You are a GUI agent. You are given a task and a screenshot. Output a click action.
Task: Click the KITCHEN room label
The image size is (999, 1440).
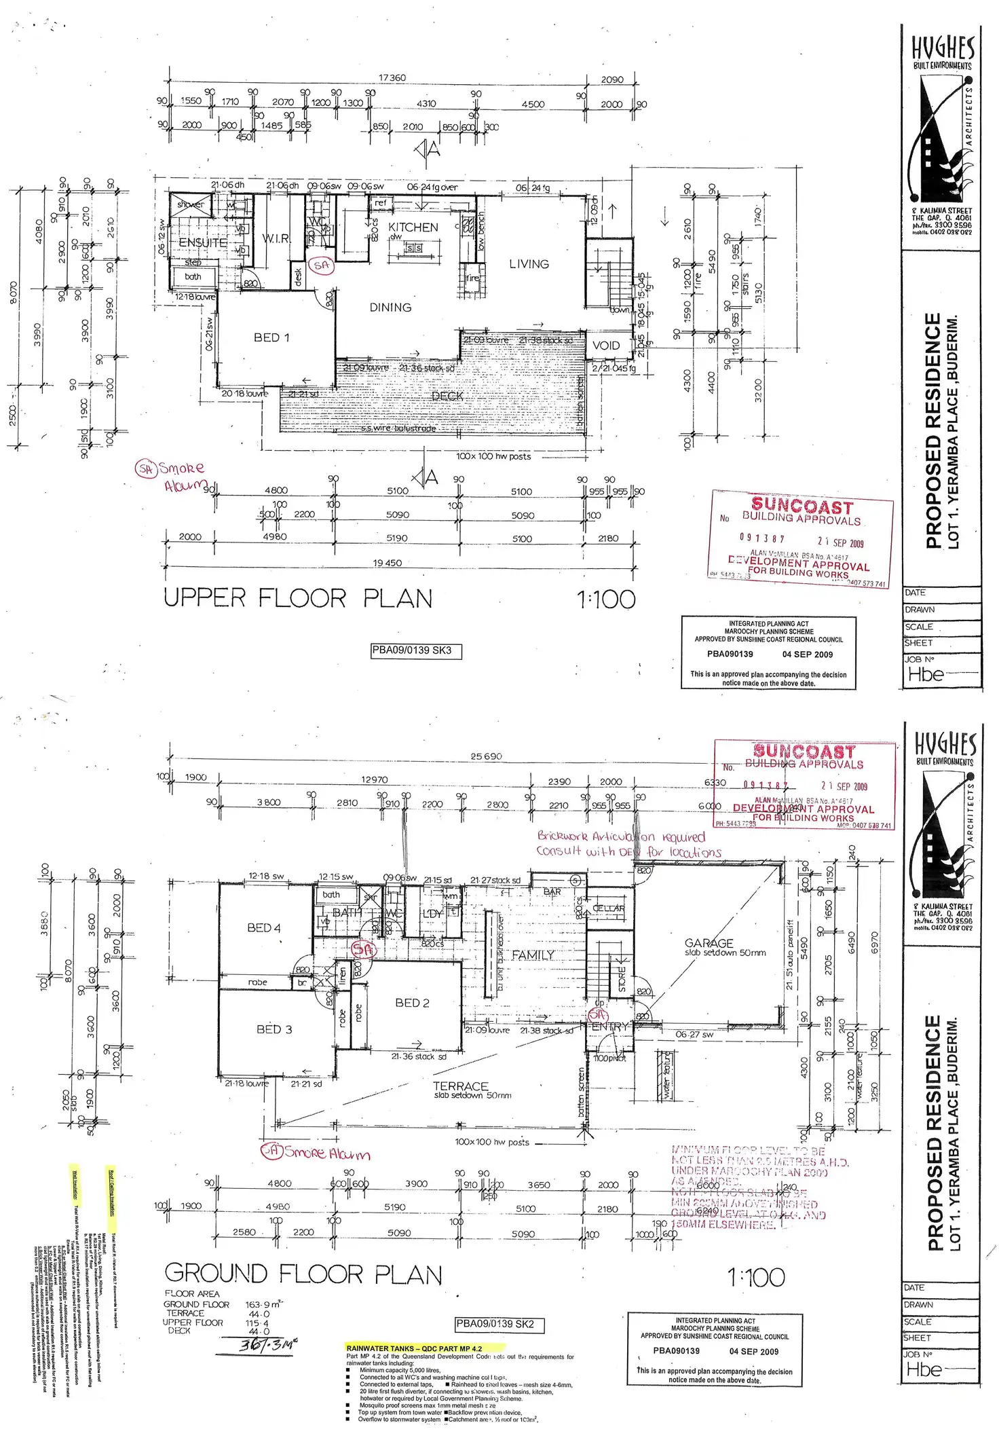point(413,227)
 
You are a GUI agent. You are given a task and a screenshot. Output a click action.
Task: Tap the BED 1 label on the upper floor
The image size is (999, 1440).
point(271,337)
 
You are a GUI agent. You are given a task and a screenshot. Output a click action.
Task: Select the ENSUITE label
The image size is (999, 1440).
point(203,242)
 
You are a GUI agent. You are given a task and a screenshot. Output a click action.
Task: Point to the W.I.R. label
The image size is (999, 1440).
point(276,238)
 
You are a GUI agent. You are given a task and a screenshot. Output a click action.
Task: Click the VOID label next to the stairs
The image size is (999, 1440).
point(605,346)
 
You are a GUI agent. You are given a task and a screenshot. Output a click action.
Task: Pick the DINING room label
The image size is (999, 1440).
point(390,308)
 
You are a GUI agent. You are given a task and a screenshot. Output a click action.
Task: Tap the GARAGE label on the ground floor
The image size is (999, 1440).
point(709,943)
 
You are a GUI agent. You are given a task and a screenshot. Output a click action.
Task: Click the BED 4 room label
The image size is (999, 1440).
point(263,928)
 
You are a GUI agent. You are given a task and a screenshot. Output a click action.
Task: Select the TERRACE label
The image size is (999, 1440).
point(460,1086)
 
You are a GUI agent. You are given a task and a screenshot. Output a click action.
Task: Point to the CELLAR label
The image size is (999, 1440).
point(608,908)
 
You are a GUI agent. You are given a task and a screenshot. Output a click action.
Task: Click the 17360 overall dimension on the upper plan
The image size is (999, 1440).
point(392,78)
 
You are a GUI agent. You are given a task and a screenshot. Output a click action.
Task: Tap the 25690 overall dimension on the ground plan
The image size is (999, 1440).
point(486,756)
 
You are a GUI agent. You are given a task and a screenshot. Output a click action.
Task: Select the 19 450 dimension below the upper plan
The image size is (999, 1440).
point(387,563)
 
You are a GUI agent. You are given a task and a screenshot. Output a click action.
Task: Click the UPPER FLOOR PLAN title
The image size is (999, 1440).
point(298,598)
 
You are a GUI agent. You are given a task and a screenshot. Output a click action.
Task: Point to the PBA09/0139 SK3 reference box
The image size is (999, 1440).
point(416,650)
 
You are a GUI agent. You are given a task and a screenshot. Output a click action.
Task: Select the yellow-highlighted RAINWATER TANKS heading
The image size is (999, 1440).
point(414,1348)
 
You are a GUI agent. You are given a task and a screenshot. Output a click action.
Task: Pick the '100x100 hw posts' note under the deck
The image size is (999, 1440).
point(493,456)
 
